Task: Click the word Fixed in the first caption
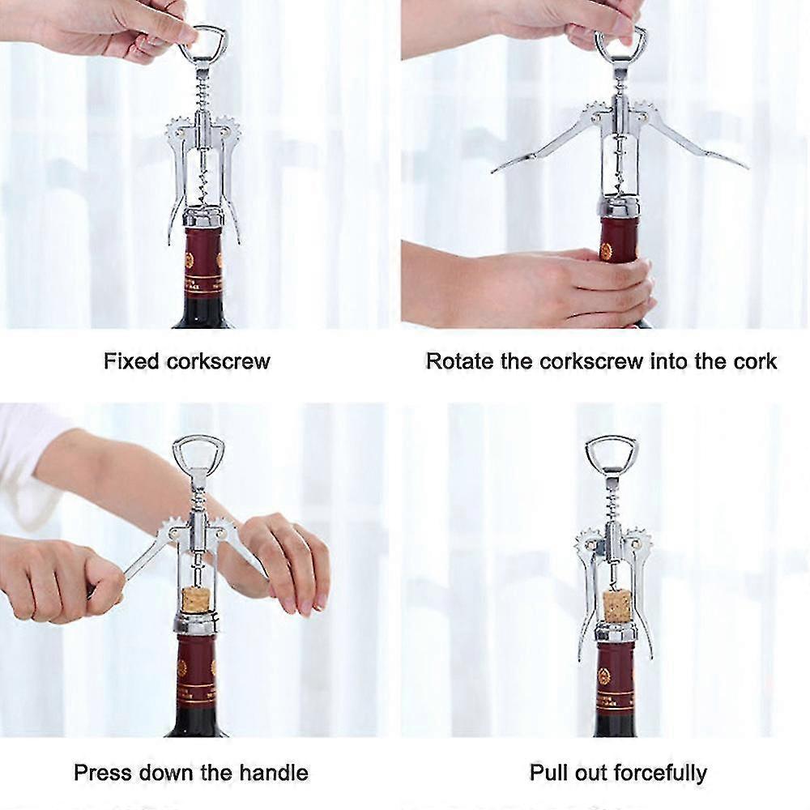coord(131,361)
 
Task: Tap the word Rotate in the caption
coord(458,361)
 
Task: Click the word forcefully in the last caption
coord(660,772)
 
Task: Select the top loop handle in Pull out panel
coord(611,451)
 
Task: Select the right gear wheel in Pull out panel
coord(637,540)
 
